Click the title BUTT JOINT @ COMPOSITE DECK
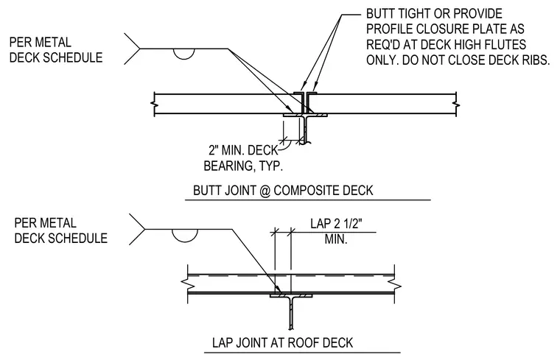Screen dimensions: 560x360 (x=283, y=190)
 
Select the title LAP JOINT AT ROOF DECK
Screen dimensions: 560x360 (x=282, y=342)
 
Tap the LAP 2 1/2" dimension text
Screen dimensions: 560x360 (x=336, y=224)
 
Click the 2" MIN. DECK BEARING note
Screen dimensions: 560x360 (x=243, y=158)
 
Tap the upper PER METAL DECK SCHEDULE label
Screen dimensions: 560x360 (x=56, y=49)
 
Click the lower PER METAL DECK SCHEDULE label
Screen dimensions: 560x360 (x=60, y=230)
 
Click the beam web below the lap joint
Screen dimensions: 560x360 (x=292, y=314)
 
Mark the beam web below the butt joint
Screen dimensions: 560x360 (x=304, y=130)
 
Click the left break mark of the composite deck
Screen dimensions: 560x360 (x=154, y=105)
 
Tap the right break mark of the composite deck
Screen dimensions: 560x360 (x=456, y=105)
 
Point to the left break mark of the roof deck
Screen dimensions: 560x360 (x=188, y=284)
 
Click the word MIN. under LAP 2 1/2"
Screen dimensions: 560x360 (x=336, y=239)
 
